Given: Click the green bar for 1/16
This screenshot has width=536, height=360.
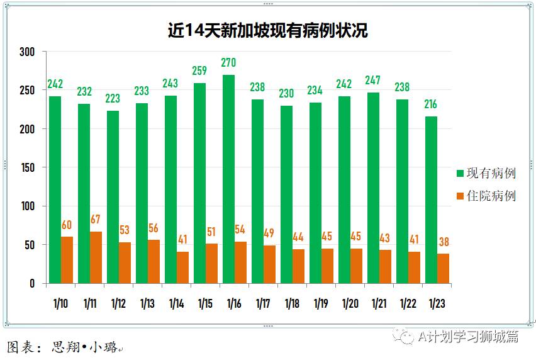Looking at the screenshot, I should click(228, 179).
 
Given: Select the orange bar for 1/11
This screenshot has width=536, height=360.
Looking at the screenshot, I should click(96, 257).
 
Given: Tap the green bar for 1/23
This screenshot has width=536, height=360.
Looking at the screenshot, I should click(431, 200).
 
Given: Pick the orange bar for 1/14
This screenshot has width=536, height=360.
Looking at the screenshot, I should click(182, 267).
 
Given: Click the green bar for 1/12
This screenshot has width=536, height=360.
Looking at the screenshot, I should click(113, 197).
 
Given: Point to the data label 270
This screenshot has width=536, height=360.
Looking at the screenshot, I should click(228, 63).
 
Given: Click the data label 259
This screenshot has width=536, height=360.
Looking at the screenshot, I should click(199, 71).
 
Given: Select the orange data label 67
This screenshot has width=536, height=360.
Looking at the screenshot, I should click(96, 220).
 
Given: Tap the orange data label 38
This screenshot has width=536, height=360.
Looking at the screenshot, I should click(444, 242).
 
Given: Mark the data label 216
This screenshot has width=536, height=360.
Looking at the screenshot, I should click(431, 104).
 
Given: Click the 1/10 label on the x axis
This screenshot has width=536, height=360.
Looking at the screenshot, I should click(60, 303).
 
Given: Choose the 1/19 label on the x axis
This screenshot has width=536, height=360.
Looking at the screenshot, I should click(321, 303).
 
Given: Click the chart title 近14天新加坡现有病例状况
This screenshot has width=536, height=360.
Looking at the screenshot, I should click(267, 30).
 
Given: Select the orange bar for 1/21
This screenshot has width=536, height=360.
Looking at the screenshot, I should click(385, 267).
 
